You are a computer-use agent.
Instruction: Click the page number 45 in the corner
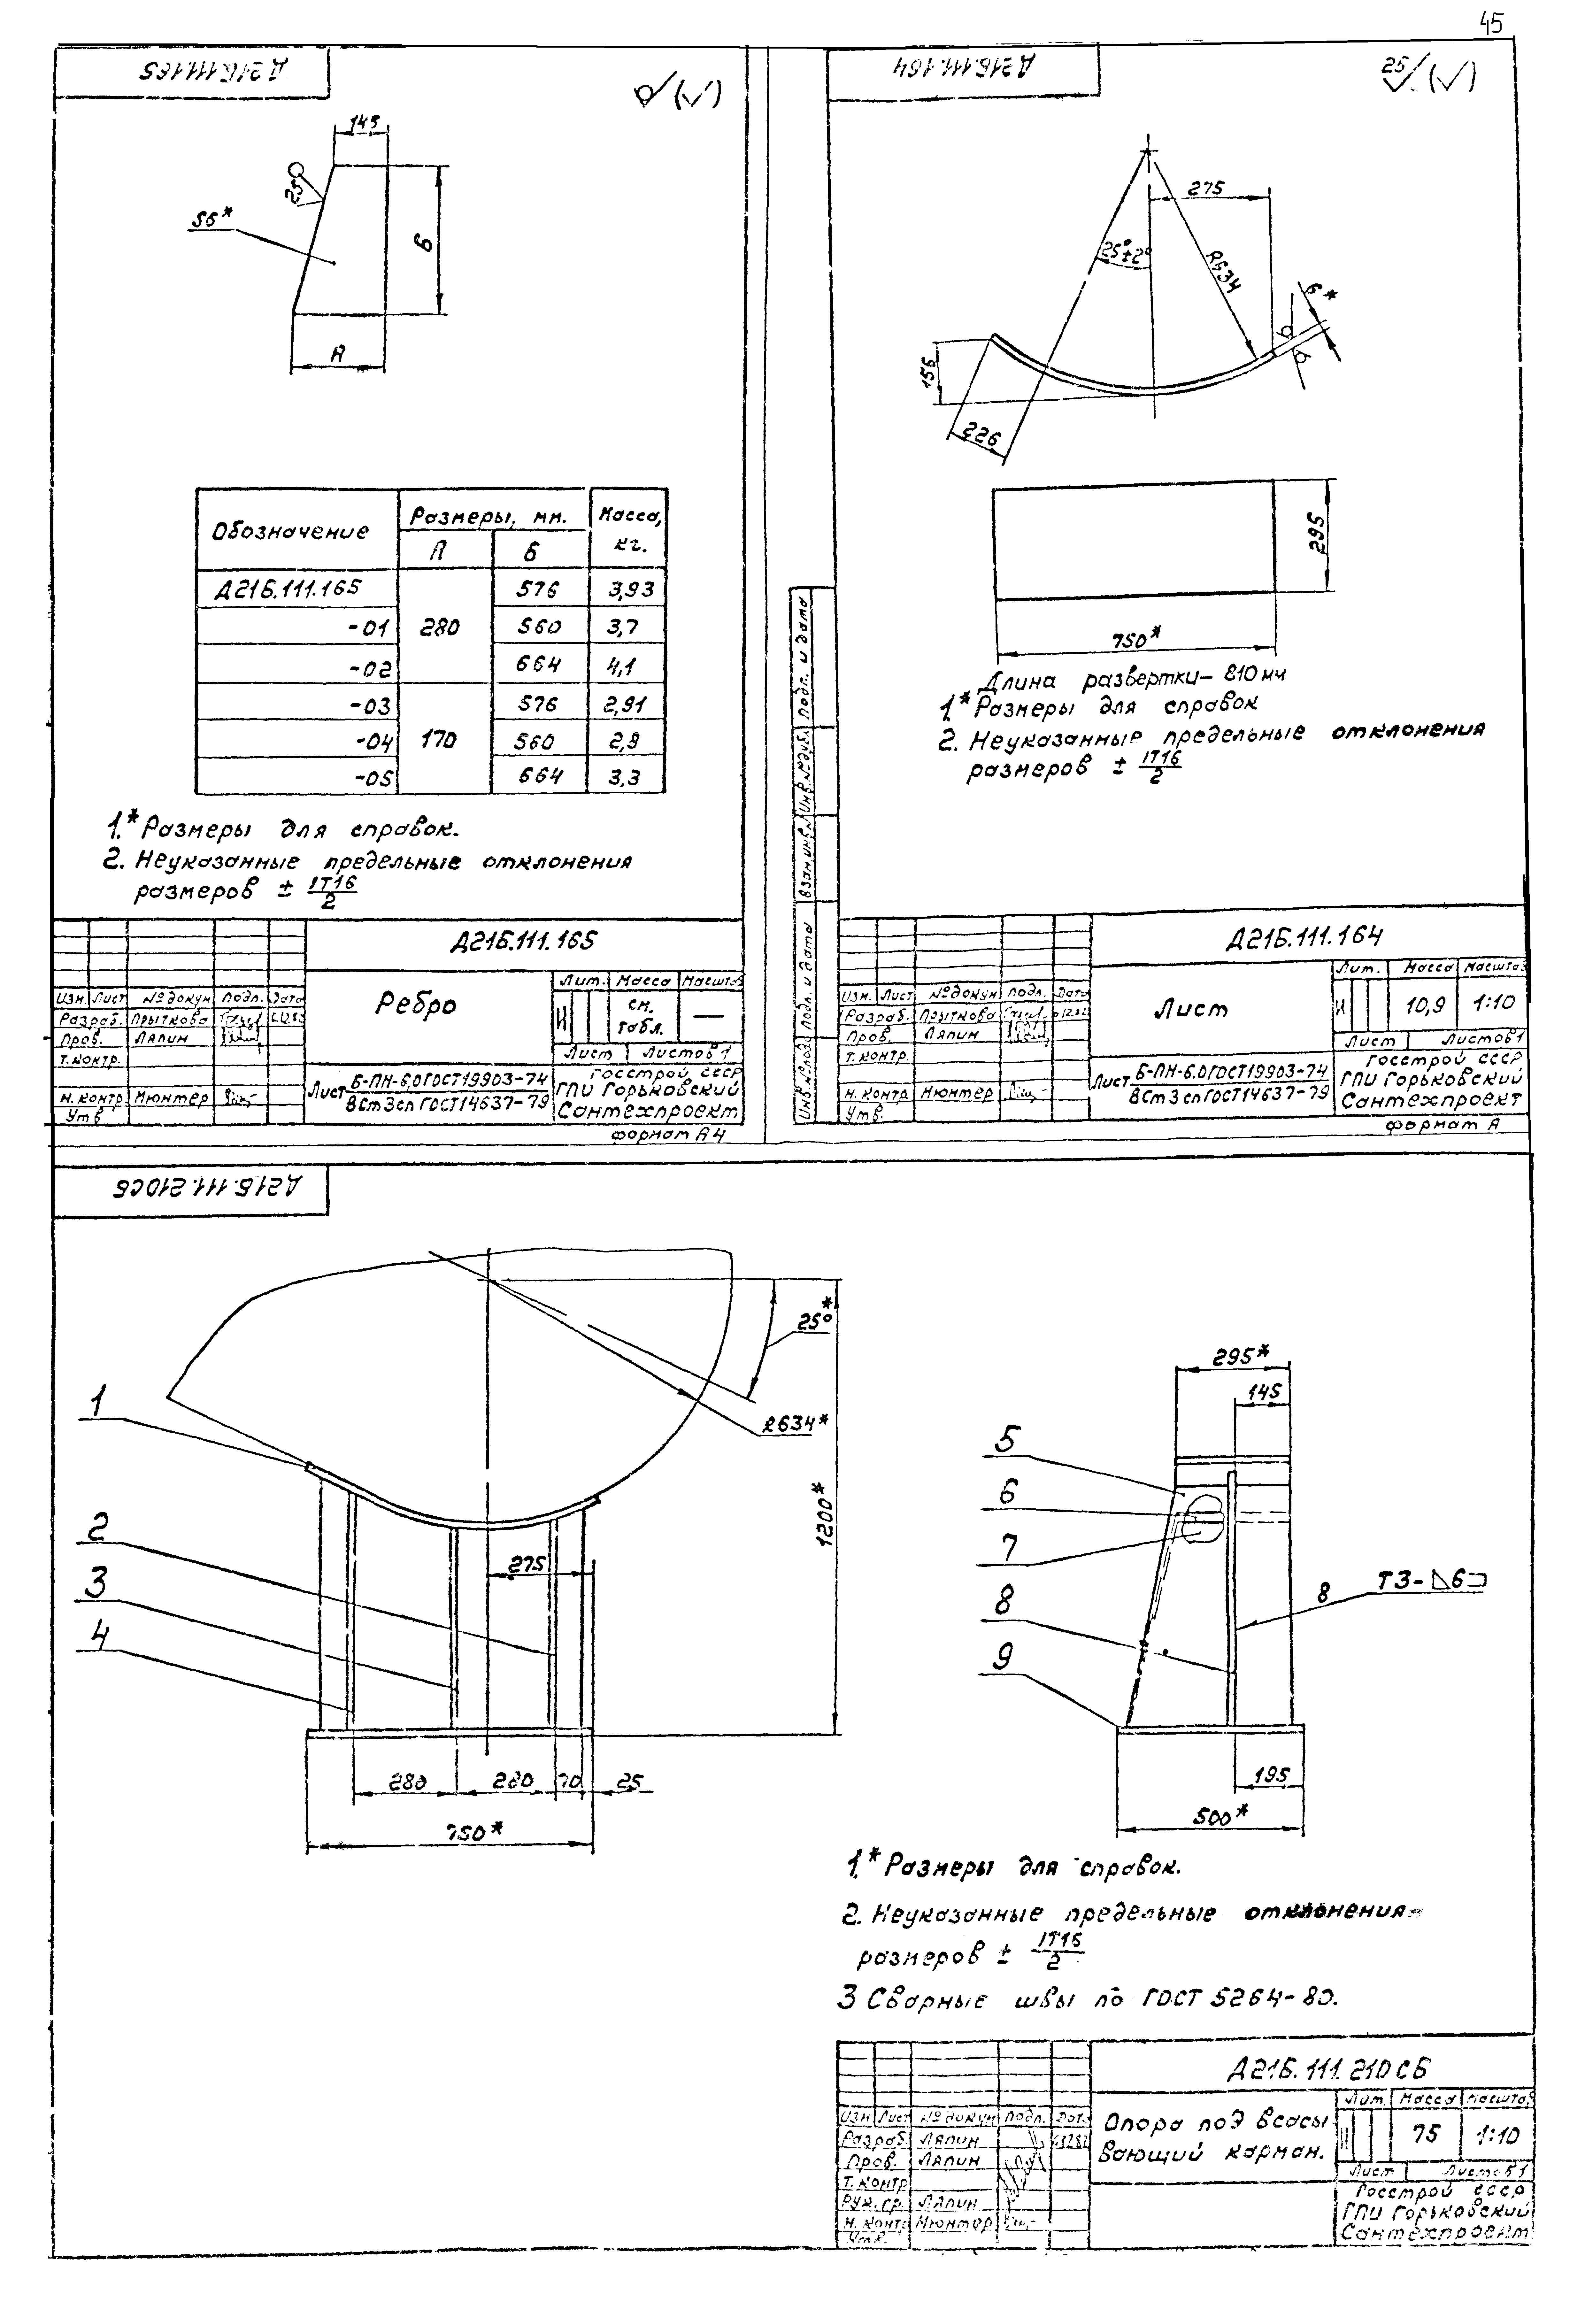click(1491, 24)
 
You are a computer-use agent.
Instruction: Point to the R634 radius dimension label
click(1225, 268)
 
